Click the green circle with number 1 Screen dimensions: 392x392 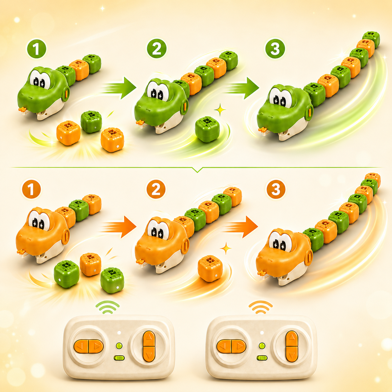tap(37, 49)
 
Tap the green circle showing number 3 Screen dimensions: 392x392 tap(275, 49)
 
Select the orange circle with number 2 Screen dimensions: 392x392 tap(156, 189)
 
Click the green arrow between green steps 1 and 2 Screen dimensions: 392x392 tap(119, 88)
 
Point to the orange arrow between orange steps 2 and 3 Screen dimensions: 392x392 tap(240, 227)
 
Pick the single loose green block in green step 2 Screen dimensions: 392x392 tap(207, 130)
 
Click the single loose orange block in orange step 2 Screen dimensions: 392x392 tap(210, 269)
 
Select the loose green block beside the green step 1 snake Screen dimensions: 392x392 tap(91, 122)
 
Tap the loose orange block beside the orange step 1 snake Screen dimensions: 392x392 tap(91, 264)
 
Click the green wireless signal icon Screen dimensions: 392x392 tap(108, 307)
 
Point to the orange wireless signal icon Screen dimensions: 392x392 tap(261, 307)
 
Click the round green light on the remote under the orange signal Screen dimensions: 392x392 tap(262, 346)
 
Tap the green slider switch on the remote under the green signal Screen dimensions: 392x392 tap(119, 358)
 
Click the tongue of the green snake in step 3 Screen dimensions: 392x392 tap(263, 130)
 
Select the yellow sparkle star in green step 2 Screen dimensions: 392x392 tap(220, 110)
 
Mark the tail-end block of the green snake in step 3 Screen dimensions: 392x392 tap(371, 38)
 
